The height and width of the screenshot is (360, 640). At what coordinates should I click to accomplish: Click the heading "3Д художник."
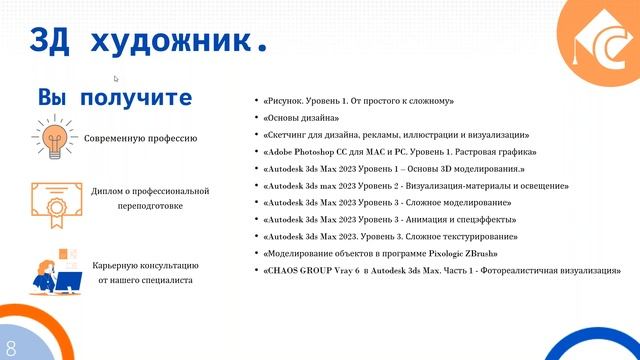tap(150, 41)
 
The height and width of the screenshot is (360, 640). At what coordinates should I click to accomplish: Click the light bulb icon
tap(54, 135)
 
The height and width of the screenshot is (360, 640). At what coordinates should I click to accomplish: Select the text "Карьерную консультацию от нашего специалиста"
tap(147, 273)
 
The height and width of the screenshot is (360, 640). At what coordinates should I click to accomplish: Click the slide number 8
tap(11, 348)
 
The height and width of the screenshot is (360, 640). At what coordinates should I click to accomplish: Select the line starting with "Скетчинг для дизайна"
tap(396, 135)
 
